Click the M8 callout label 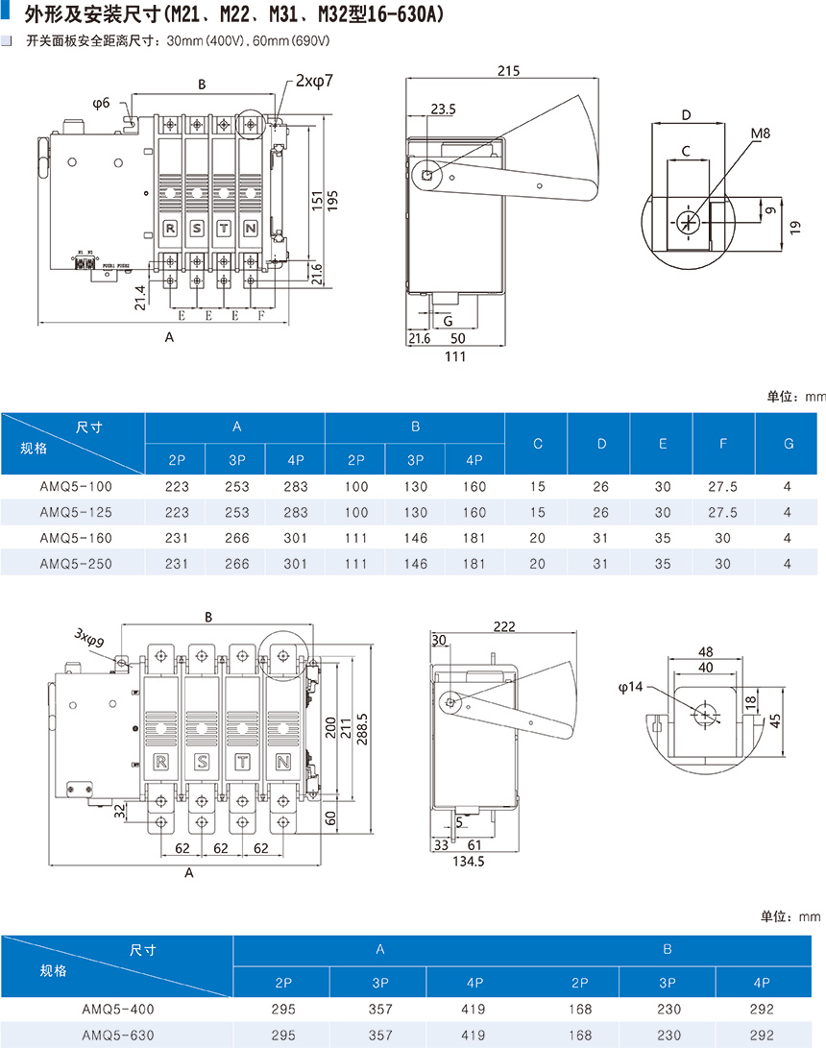coord(761,134)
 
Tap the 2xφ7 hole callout coord(315,82)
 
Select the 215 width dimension coord(509,71)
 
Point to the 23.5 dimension coord(444,110)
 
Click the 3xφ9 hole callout coord(89,637)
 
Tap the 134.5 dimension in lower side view coord(468,862)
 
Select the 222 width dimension coord(503,626)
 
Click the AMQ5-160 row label coord(76,538)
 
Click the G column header coord(789,444)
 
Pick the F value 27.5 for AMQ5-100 coord(722,487)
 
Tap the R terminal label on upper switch coord(170,228)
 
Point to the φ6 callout coord(102,102)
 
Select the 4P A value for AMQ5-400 coord(474,1010)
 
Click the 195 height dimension coord(332,198)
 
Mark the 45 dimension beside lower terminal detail coord(775,719)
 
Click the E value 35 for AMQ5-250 coord(663,564)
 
